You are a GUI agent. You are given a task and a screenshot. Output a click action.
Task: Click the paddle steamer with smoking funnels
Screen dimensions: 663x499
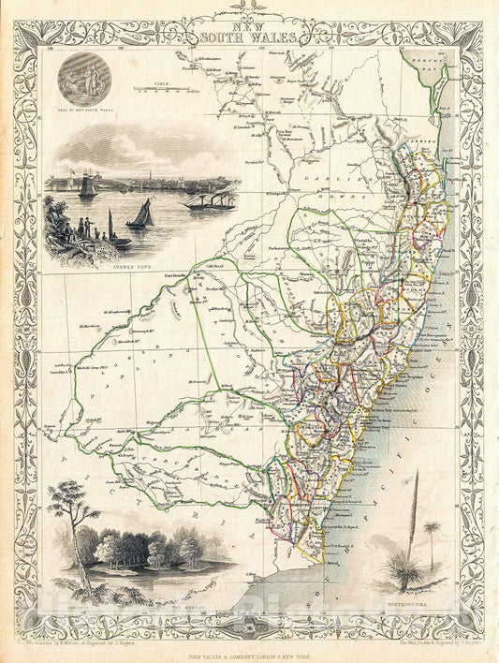[208, 199]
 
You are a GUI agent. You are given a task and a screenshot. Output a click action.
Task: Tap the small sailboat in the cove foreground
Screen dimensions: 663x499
[139, 215]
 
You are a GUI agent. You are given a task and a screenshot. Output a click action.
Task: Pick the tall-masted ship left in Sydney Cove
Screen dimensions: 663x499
[87, 187]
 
